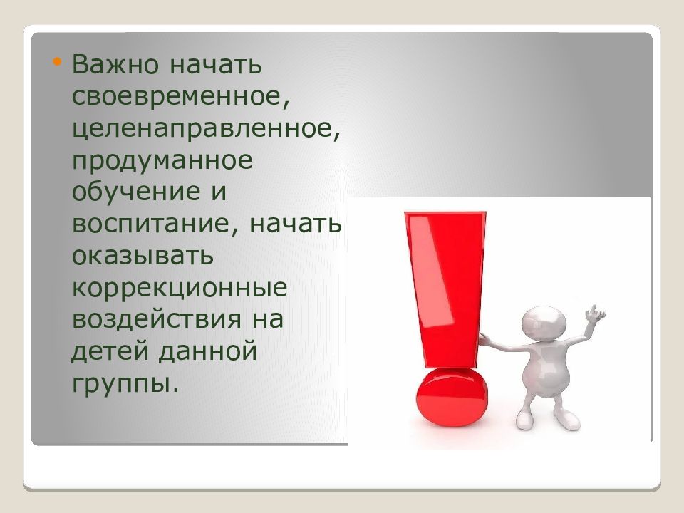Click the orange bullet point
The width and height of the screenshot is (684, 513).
pos(56,62)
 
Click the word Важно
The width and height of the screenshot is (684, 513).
pos(115,64)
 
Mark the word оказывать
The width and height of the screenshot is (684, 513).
pos(142,256)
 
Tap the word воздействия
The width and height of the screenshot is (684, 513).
pos(157,320)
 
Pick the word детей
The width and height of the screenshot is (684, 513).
pos(110,351)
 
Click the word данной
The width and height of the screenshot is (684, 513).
pos(207,351)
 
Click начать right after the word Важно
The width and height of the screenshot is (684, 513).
pos(215,65)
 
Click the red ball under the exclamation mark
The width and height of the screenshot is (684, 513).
pos(452,397)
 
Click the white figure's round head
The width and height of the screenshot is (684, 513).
pos(544,322)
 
